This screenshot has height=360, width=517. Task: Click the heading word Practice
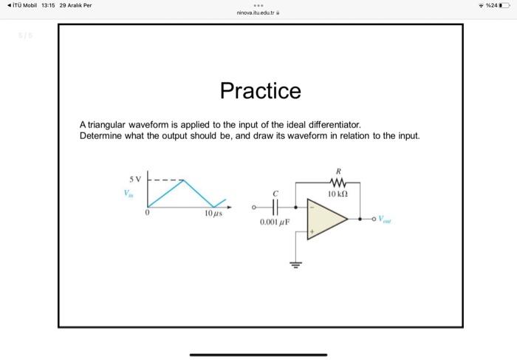click(x=261, y=91)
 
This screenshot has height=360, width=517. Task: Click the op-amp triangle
click(x=326, y=220)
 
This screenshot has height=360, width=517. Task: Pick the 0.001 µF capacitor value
click(x=275, y=222)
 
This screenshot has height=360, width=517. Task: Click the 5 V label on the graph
click(x=134, y=179)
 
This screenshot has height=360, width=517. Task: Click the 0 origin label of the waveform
click(x=148, y=214)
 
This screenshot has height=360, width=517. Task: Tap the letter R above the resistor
click(x=339, y=171)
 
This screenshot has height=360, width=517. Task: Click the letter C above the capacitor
click(x=275, y=193)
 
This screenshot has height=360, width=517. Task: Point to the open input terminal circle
click(x=254, y=207)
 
